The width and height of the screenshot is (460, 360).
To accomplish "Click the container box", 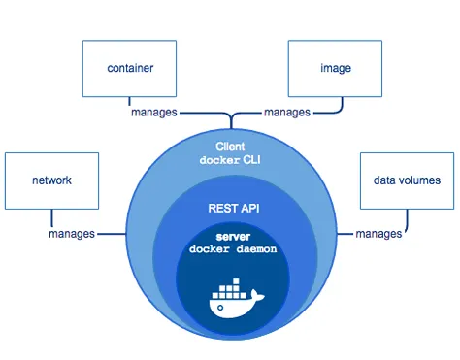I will coord(130,70).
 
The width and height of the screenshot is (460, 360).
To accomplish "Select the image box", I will coord(334,70).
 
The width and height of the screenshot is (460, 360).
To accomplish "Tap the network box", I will coord(51,180).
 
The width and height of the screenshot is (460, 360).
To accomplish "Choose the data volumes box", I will coord(407,180).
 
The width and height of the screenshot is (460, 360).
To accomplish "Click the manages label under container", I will coord(154,113).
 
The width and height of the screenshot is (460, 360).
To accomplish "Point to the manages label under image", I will coord(287,113).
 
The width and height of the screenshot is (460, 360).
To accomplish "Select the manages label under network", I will coord(72,234).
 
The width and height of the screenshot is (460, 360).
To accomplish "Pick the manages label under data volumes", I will coord(378,234).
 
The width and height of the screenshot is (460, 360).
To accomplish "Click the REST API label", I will coord(230,208).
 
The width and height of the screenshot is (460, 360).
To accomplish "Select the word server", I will coord(231,236).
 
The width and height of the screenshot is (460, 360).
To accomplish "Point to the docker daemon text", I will coord(231,250).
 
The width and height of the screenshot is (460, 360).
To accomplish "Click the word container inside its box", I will coord(130,69).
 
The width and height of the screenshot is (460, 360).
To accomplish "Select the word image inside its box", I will coord(335,69).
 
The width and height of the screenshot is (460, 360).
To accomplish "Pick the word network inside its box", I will coord(51,180).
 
